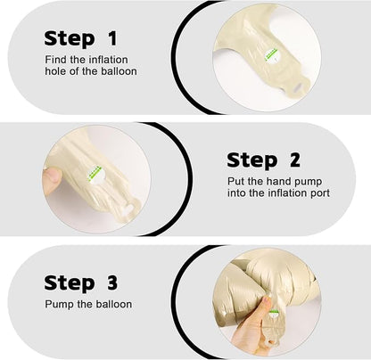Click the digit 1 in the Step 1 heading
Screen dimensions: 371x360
tap(112, 38)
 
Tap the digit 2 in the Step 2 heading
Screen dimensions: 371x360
tap(294, 160)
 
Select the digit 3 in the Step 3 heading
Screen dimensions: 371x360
tap(112, 282)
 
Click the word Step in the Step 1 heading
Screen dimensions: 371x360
tap(70, 39)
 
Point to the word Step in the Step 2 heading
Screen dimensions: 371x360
tap(251, 160)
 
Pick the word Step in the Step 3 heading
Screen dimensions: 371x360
tap(70, 283)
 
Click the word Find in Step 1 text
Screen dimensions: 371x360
tap(55, 60)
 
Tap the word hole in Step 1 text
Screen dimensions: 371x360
tap(56, 71)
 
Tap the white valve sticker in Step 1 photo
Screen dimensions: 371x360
tap(272, 56)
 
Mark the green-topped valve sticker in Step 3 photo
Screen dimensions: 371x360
tap(274, 314)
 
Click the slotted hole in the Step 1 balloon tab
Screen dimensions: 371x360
tap(298, 87)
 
